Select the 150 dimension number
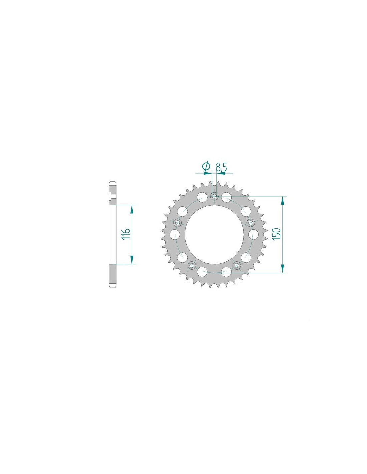point(276,234)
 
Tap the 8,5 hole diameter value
point(221,167)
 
